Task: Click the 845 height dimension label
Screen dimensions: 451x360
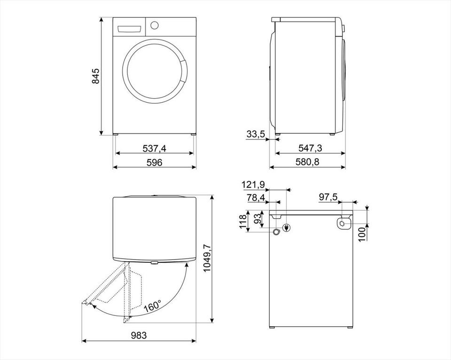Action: [95, 76]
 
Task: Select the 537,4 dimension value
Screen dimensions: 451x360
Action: [155, 148]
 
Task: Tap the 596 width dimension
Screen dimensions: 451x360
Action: [155, 162]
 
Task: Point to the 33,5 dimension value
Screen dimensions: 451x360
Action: [256, 134]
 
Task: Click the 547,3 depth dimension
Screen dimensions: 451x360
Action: [310, 148]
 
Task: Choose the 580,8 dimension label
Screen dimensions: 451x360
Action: [307, 162]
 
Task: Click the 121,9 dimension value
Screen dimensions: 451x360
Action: [253, 184]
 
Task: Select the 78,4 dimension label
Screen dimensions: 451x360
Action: [256, 198]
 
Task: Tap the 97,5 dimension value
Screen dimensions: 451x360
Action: [328, 198]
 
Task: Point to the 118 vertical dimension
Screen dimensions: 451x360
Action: [243, 222]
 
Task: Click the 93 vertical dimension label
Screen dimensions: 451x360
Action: [258, 219]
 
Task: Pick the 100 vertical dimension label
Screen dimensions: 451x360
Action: [362, 233]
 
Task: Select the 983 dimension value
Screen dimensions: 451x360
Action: [139, 335]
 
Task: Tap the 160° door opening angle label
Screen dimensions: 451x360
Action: [153, 306]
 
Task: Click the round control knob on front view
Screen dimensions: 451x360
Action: [155, 25]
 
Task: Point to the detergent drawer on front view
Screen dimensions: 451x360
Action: [129, 29]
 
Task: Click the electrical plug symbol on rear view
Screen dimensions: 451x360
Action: [287, 228]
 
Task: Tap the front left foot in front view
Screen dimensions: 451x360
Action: [116, 134]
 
